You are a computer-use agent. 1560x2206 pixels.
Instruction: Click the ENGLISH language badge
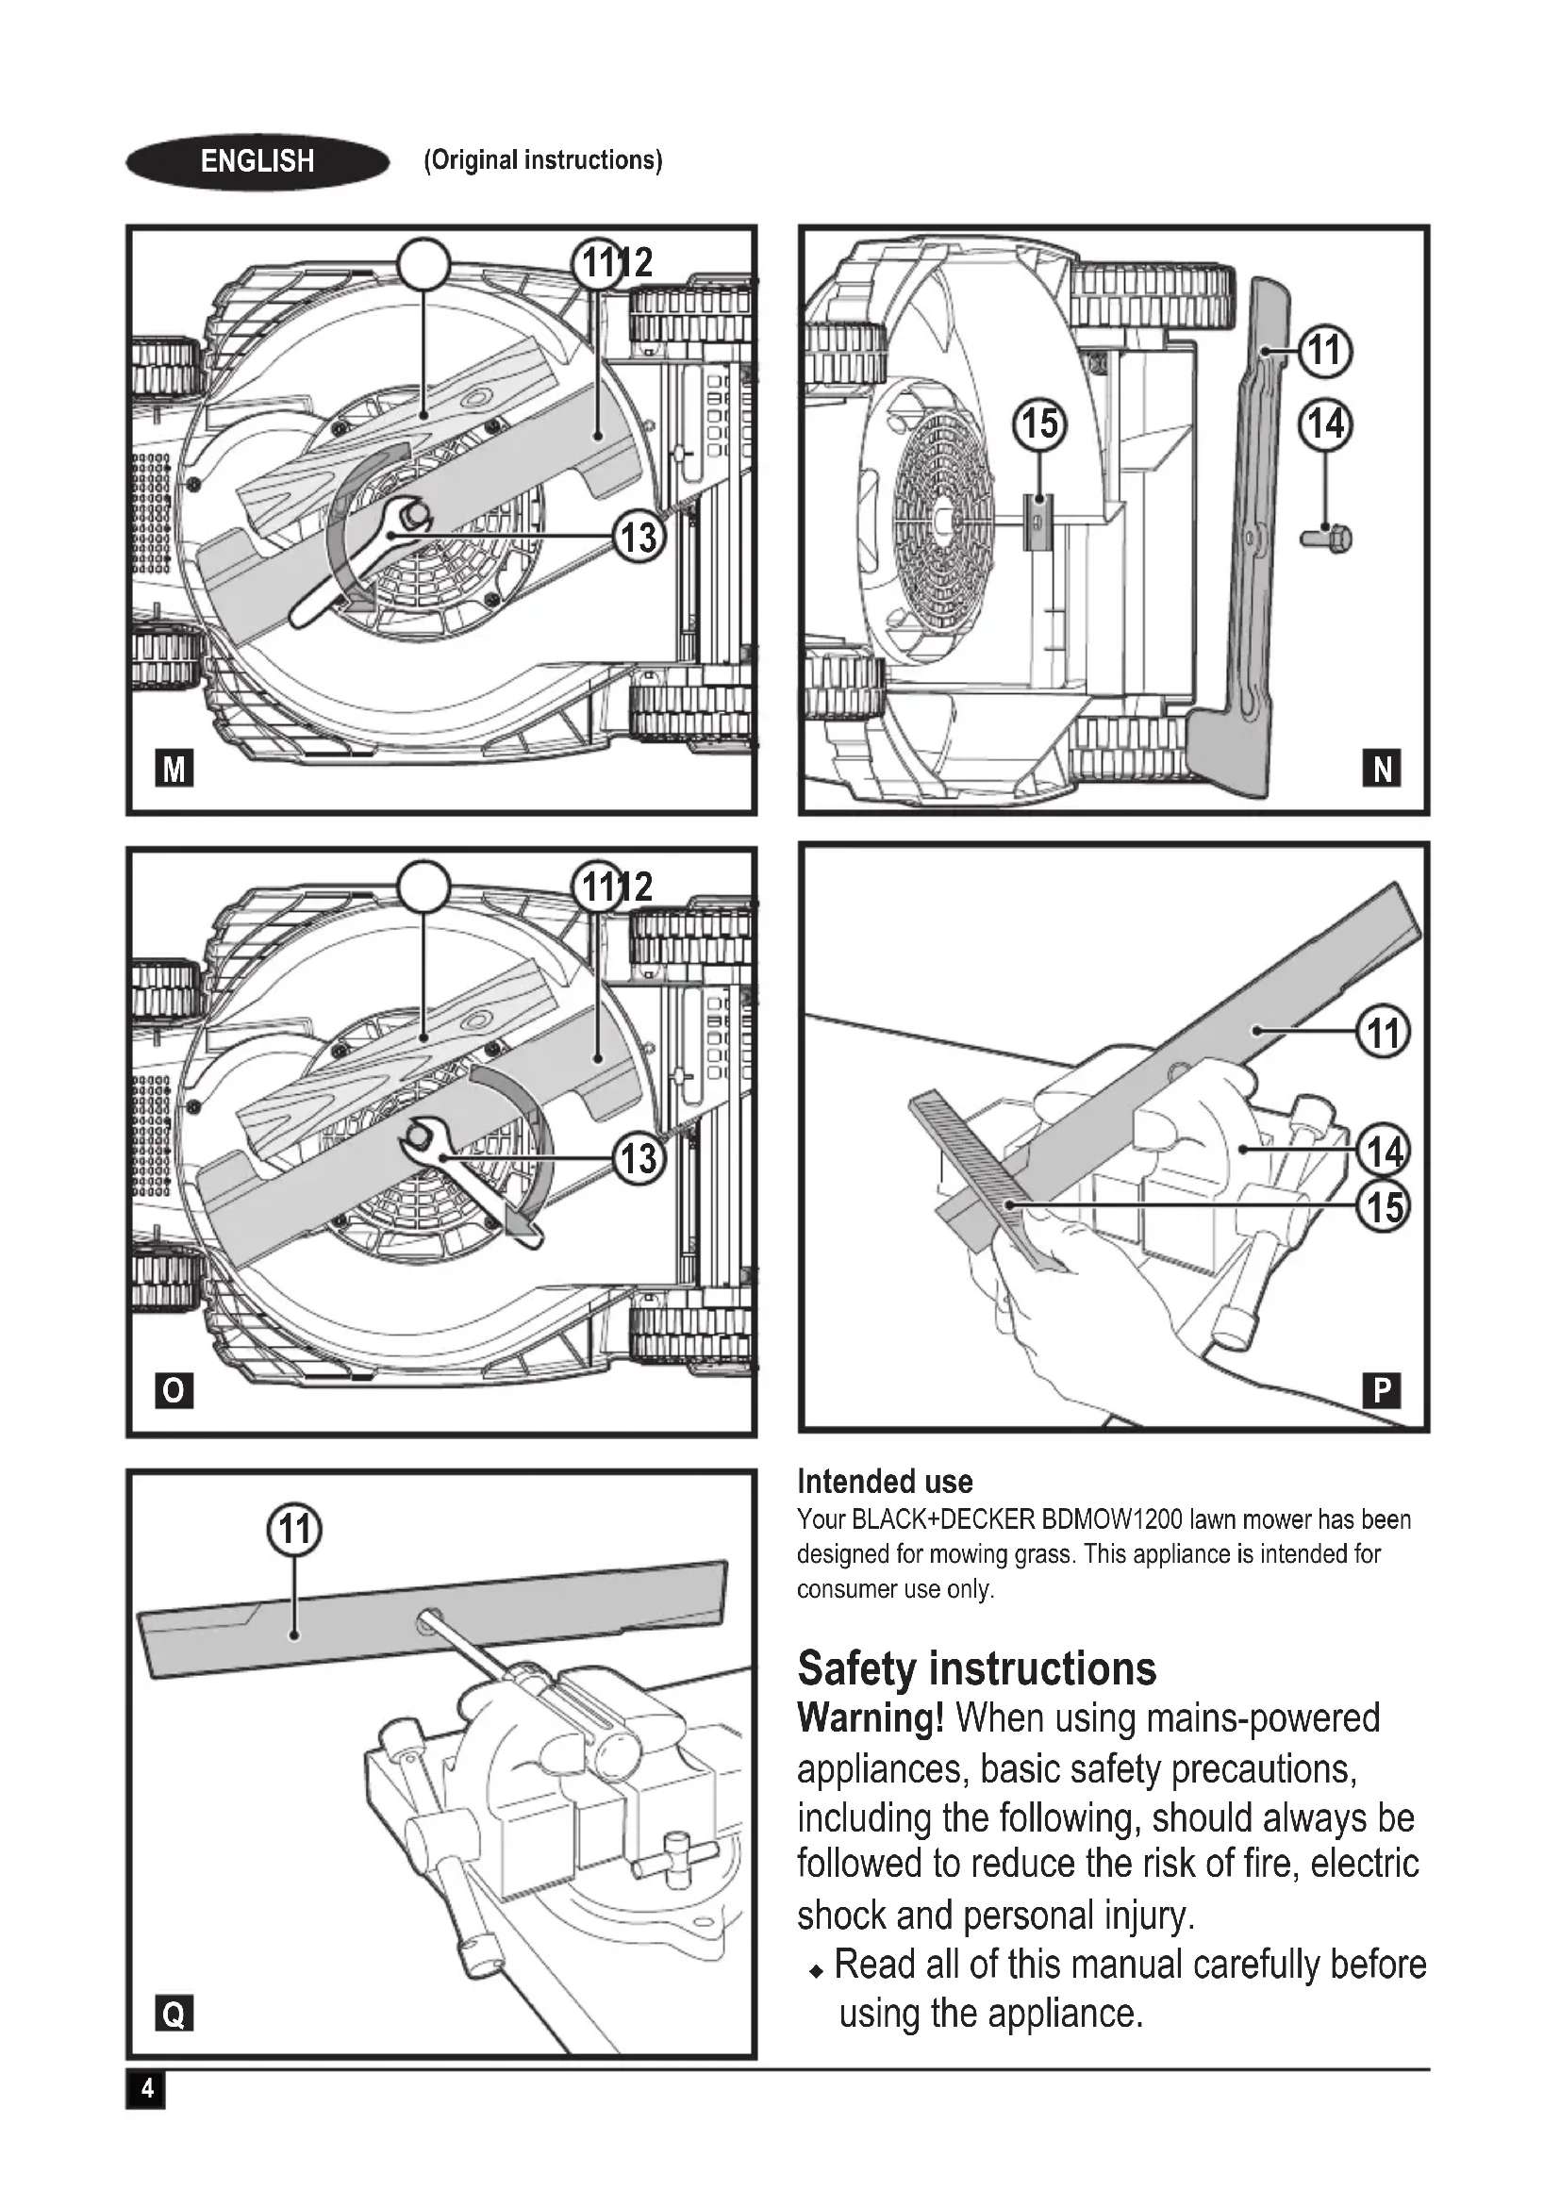257,160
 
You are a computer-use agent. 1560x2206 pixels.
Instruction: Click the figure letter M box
174,769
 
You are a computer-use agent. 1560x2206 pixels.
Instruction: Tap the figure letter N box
1382,769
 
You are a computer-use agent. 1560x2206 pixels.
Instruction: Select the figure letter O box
174,1390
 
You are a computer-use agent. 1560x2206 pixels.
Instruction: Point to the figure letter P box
1382,1390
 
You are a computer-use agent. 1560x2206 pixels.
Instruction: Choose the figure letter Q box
174,2012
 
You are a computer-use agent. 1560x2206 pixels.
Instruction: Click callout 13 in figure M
639,537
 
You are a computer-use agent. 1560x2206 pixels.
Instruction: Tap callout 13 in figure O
639,1159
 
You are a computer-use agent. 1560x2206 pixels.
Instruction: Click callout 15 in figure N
1039,423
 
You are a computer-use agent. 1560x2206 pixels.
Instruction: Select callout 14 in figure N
1325,423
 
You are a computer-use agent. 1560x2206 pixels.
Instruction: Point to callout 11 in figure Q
294,1529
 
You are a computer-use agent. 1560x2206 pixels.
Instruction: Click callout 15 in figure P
1384,1207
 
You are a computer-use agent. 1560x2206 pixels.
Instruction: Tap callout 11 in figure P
1384,1034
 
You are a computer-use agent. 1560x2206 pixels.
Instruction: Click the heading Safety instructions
976,1669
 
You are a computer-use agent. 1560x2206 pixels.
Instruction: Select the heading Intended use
885,1482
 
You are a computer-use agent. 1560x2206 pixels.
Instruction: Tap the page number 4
146,2089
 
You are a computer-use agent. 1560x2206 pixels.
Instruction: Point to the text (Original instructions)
542,160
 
